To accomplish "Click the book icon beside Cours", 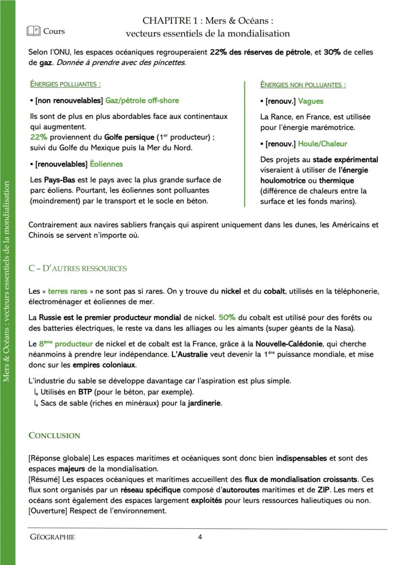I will [33, 31].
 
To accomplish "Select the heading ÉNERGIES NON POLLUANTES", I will [302, 85].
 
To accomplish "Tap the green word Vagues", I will [311, 101].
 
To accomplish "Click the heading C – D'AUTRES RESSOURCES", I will [77, 268].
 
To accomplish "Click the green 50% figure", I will [227, 317].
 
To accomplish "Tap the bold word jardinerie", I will [204, 403].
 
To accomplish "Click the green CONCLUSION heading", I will [54, 436].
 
